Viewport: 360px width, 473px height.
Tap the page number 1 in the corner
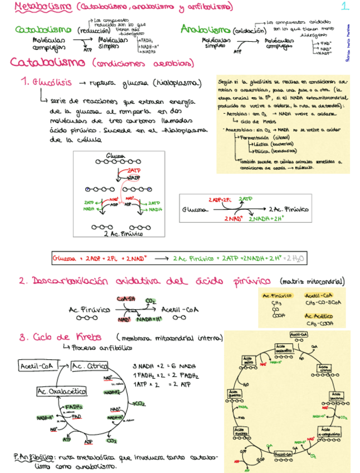(x=345, y=7)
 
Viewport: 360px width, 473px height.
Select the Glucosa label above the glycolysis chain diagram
(x=114, y=156)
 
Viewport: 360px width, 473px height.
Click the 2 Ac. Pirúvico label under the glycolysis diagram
(x=120, y=234)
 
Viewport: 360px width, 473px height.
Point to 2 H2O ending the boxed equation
(x=298, y=258)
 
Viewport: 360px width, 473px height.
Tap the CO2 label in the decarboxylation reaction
(x=150, y=301)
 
